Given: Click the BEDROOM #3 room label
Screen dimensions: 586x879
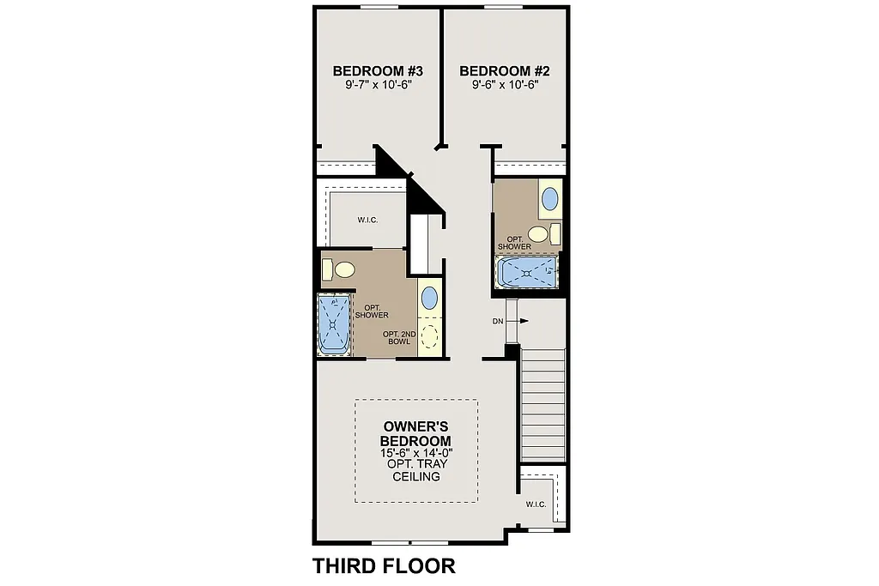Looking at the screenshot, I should click(379, 70).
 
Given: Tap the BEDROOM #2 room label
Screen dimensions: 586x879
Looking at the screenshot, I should click(505, 70).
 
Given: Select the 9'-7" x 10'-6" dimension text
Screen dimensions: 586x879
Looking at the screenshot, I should click(379, 85).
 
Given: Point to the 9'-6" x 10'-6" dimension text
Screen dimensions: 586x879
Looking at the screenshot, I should click(505, 85).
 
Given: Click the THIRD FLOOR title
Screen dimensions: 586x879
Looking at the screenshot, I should click(384, 565).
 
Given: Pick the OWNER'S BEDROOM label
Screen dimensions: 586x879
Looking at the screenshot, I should click(416, 432).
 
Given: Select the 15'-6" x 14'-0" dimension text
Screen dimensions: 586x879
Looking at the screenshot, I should click(416, 452).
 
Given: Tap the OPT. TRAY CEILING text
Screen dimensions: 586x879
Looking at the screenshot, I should click(416, 470).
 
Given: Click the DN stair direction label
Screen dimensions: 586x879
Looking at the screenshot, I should click(497, 322).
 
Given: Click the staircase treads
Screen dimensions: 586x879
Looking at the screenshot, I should click(543, 404).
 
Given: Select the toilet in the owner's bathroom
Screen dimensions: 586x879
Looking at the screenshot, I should click(339, 270).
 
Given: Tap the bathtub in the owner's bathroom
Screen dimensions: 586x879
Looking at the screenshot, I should click(334, 323).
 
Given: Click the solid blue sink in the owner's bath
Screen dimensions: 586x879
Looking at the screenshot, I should click(429, 299).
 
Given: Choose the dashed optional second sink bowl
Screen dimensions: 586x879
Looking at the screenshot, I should click(429, 334).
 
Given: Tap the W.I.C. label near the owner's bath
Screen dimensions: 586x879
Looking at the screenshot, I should click(368, 220).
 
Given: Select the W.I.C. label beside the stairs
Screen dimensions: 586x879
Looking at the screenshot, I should click(536, 504).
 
